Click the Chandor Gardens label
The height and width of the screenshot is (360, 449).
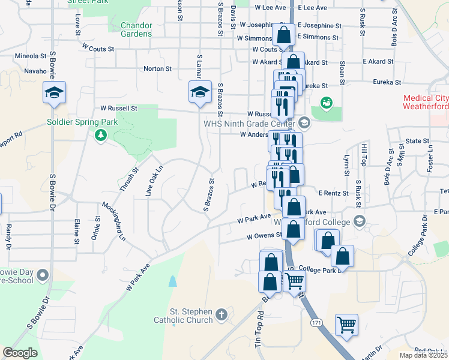(x=136, y=30)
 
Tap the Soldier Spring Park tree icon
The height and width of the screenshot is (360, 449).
(x=100, y=136)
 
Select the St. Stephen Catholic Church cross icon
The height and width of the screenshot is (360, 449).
(x=222, y=314)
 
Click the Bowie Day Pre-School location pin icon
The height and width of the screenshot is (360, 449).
(x=42, y=275)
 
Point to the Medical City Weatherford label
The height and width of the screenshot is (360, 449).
(x=426, y=102)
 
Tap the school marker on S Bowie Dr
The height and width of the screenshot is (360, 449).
(x=54, y=93)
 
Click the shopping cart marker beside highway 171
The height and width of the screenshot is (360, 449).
(x=346, y=325)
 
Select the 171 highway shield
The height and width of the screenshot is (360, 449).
(x=316, y=323)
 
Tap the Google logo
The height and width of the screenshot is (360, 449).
(x=20, y=353)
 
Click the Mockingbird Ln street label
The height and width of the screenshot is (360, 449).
(x=114, y=221)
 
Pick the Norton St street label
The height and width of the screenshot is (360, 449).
(x=157, y=69)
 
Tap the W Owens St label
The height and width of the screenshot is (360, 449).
(x=265, y=236)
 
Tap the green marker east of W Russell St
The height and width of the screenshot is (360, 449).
(x=326, y=103)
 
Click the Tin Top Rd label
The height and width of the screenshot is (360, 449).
(x=259, y=330)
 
